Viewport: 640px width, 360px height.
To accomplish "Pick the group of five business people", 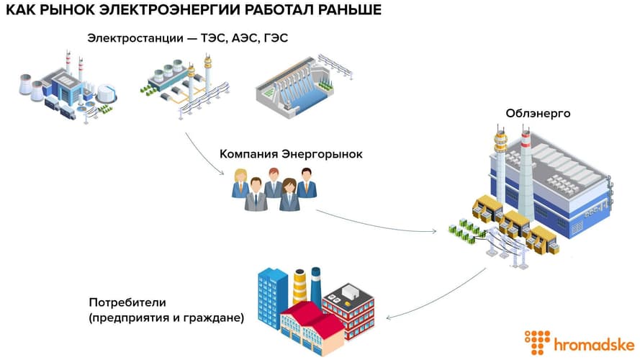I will pos(274,188).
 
